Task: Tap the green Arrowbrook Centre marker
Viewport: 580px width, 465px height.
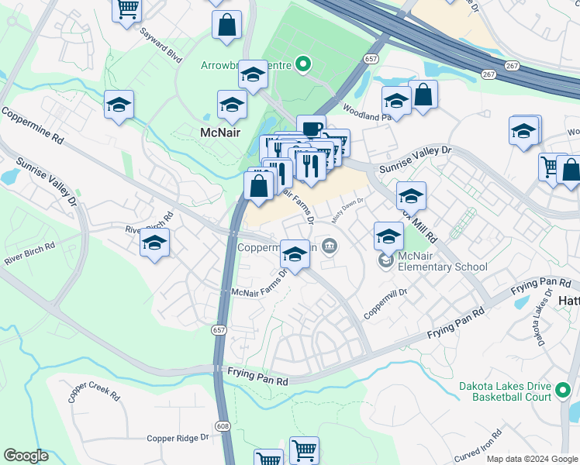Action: click(x=304, y=65)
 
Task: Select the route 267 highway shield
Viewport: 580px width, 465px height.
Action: click(x=488, y=74)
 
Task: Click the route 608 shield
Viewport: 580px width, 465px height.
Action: click(x=223, y=425)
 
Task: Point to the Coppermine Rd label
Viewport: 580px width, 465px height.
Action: click(x=32, y=126)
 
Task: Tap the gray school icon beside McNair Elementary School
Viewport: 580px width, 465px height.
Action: click(x=385, y=261)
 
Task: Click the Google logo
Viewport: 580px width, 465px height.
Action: click(x=26, y=456)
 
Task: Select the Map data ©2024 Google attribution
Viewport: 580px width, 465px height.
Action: click(x=531, y=459)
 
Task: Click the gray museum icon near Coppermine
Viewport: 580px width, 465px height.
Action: click(x=330, y=246)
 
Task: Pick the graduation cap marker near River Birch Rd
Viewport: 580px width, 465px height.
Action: click(x=154, y=243)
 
